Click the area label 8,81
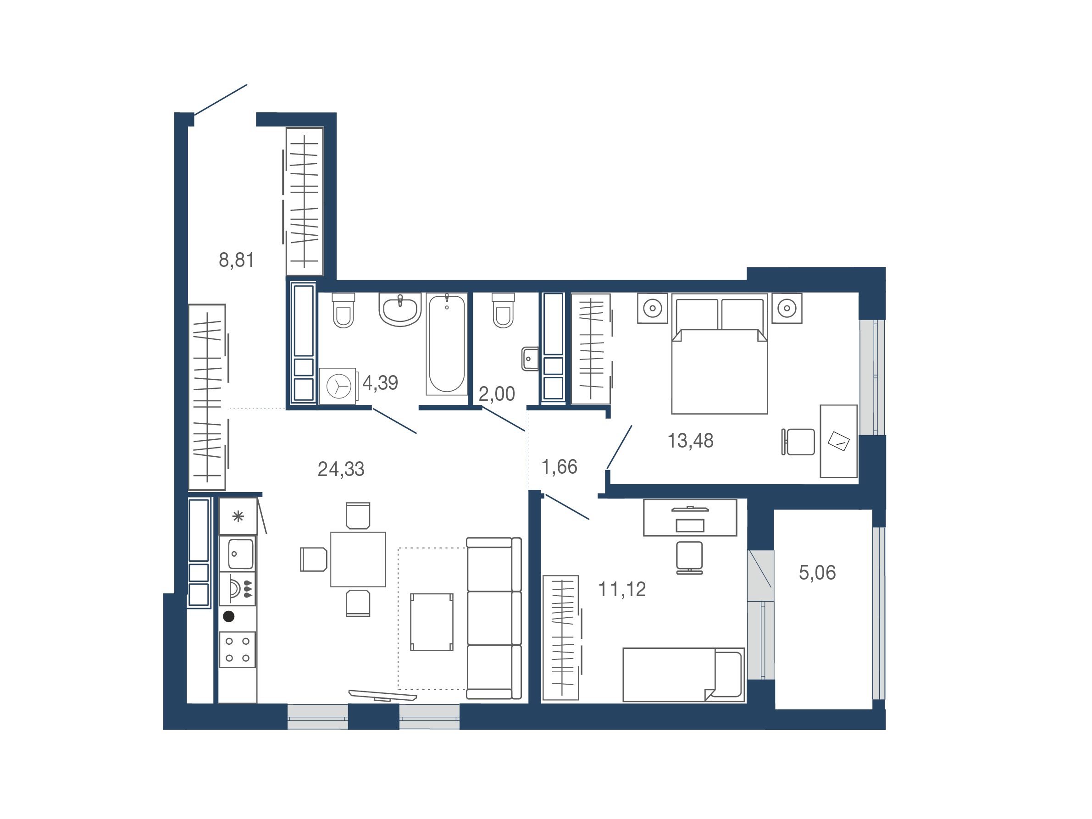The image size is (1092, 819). tap(237, 260)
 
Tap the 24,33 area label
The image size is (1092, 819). tap(341, 469)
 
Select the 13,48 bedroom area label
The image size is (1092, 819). tap(690, 441)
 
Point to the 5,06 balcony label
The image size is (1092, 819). tap(817, 573)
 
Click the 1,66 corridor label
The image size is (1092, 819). tap(560, 467)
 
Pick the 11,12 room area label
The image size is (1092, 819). tap(622, 589)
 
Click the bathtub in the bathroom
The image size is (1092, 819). tap(447, 344)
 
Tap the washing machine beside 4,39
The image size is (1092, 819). tap(338, 386)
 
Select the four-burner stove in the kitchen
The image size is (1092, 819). tap(238, 650)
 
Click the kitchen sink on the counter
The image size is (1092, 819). tap(240, 554)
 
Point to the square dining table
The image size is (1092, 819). tap(358, 559)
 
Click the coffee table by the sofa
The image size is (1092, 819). tap(432, 622)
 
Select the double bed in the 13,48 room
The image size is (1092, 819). tap(719, 354)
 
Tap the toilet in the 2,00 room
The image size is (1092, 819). tap(503, 310)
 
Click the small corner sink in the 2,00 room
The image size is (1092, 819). tap(530, 359)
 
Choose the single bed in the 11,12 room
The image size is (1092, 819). tap(683, 675)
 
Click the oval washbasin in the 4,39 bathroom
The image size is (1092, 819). tap(400, 310)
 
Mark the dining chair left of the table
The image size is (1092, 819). tap(314, 559)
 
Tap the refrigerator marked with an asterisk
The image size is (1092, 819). tap(238, 516)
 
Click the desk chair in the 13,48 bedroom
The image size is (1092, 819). tap(798, 442)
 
